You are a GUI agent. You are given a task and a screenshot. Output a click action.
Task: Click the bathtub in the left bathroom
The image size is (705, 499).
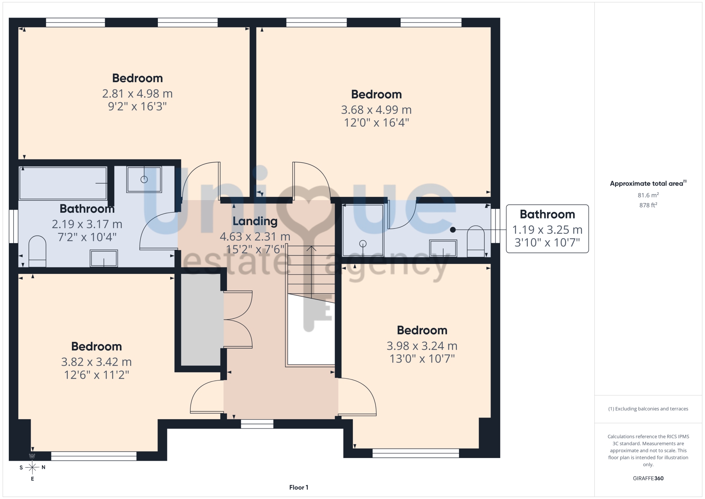point(63,183)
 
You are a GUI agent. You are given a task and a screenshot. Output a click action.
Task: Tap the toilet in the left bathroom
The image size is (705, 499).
point(37,251)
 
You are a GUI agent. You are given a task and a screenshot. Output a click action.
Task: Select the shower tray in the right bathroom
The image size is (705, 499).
point(363,230)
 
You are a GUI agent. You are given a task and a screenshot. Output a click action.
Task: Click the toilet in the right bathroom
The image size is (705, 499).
point(476,241)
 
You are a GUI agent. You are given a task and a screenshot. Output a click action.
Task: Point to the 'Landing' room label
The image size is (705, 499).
point(255,221)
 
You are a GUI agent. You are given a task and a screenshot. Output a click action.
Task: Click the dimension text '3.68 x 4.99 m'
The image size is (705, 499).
point(376,110)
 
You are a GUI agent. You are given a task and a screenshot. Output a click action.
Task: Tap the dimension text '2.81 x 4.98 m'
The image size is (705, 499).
point(137,94)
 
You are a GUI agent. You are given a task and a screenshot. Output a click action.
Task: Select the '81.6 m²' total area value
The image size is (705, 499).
point(648,195)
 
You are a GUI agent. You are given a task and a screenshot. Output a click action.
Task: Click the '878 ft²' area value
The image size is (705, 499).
point(648,205)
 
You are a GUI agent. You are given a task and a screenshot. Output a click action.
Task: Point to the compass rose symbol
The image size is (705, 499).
point(32,468)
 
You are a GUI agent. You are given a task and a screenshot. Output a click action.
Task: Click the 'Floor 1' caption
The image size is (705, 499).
point(299,487)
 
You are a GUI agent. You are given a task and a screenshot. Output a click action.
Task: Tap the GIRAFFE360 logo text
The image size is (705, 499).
point(648,479)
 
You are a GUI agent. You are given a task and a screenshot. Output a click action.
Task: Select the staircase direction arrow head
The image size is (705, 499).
point(311,248)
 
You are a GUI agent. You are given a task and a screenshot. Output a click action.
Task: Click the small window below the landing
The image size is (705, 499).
point(257,424)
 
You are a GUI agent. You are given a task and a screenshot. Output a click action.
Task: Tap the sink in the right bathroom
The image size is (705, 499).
point(443,248)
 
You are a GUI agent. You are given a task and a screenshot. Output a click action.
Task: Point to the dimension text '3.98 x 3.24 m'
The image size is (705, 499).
point(422,346)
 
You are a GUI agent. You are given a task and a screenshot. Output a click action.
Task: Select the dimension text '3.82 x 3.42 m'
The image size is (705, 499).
point(96,362)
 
